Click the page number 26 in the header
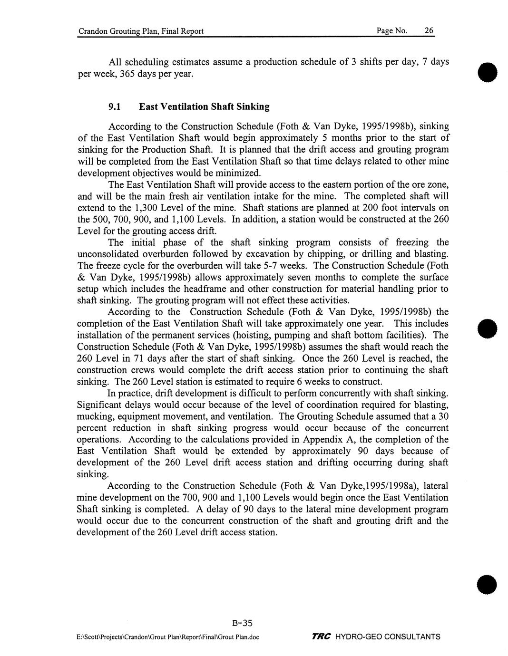pos(429,31)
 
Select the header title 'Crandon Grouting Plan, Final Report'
pos(141,31)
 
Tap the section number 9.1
pos(116,106)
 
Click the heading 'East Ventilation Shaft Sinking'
pos(204,106)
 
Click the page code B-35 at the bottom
pos(242,623)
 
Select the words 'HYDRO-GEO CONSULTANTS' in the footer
pos(388,637)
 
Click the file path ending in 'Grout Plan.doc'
pos(168,637)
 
